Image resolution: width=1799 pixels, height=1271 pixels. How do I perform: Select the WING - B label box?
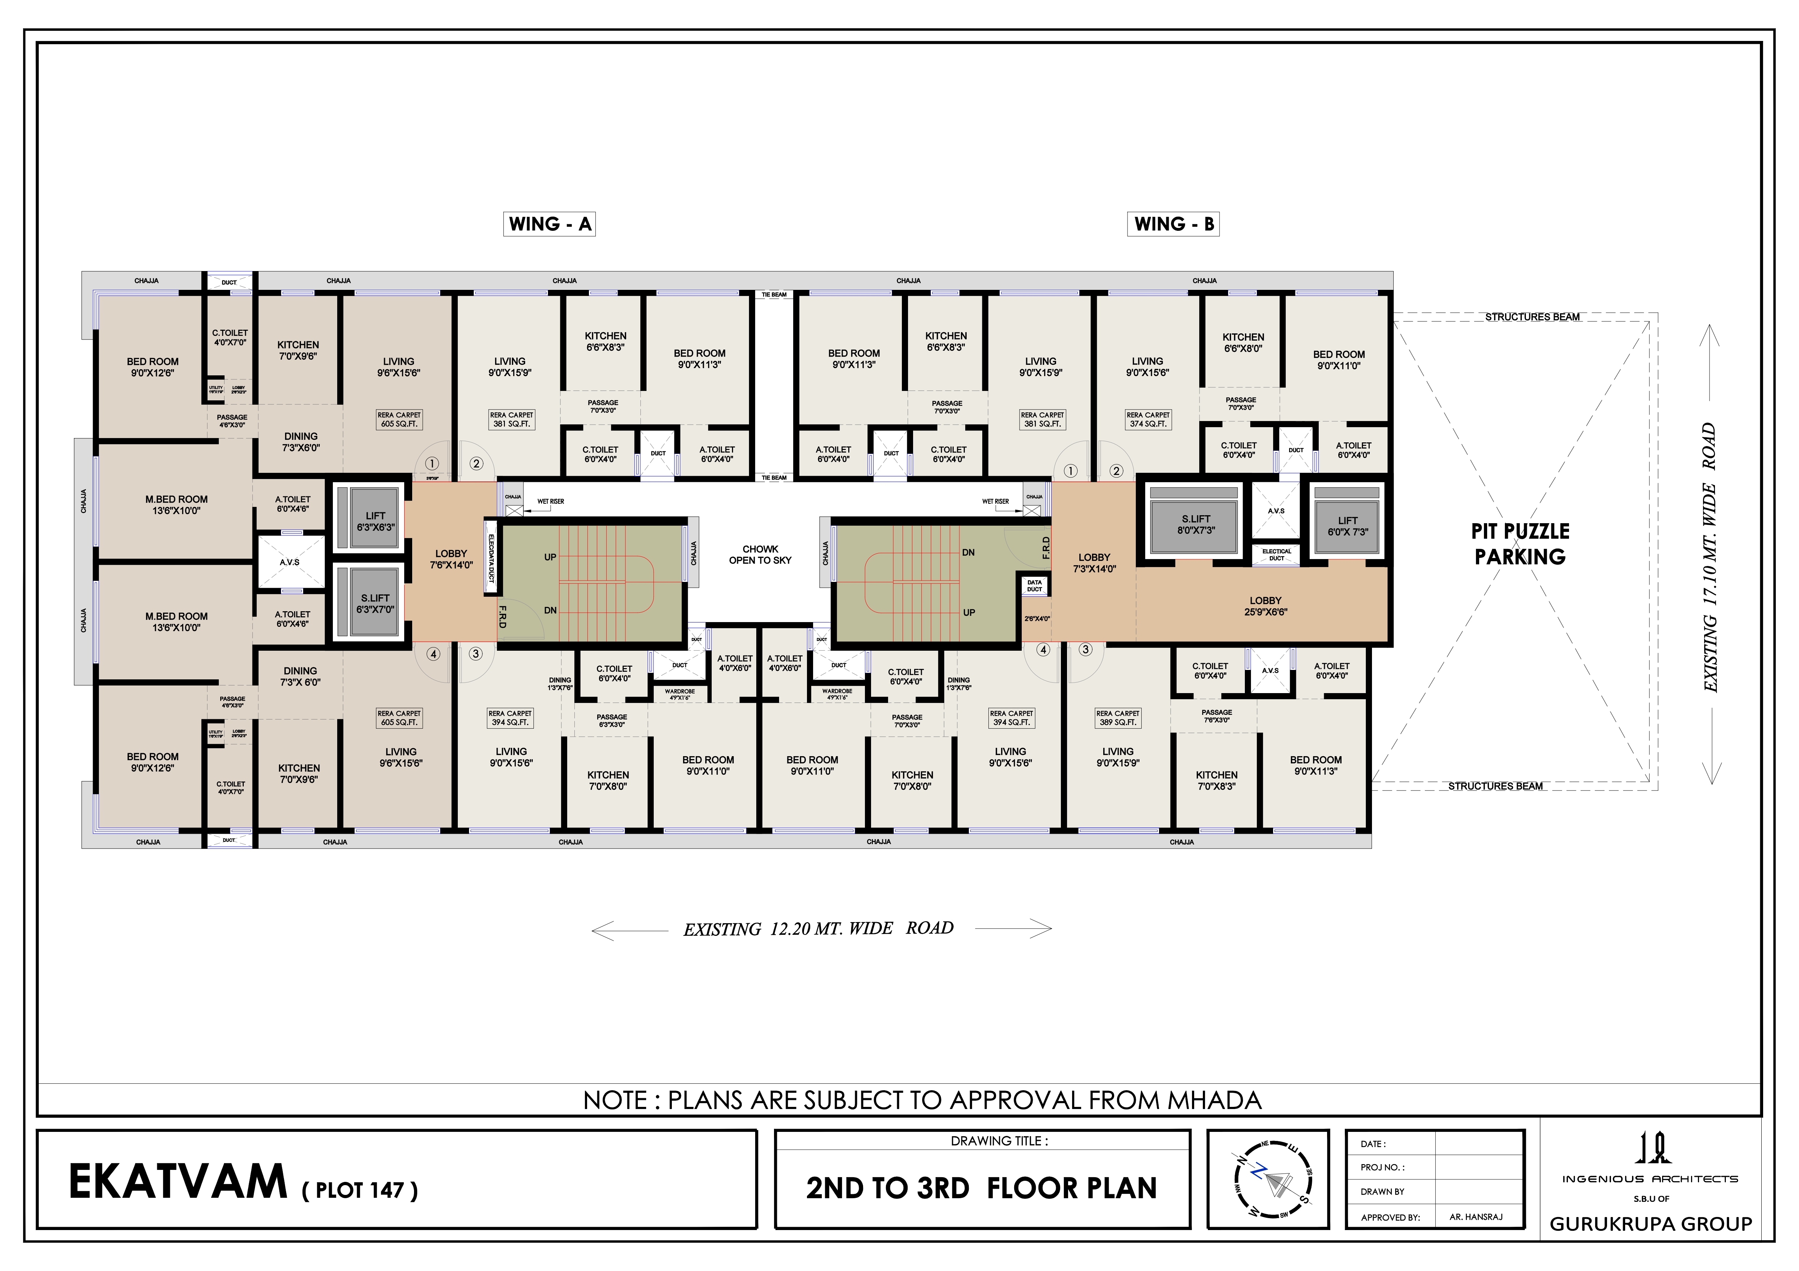pyautogui.click(x=1173, y=224)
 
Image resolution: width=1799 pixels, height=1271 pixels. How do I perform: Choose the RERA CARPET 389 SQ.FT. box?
pyautogui.click(x=1117, y=718)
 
